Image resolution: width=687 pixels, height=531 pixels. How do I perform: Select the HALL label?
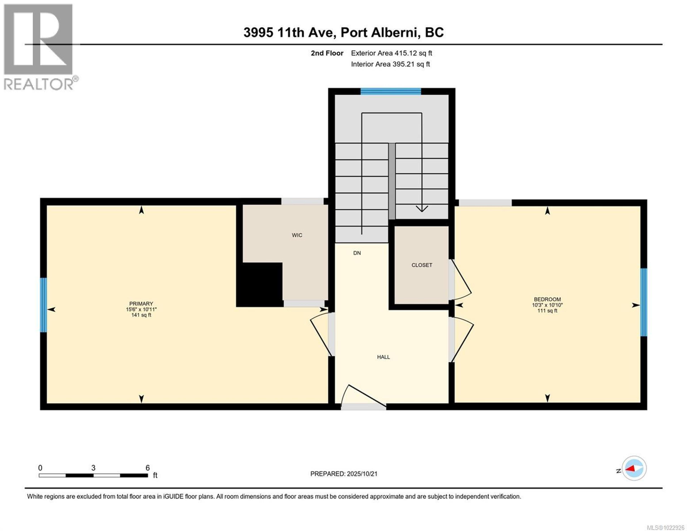[x=383, y=357]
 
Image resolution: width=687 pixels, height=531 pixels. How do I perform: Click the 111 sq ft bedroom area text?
[x=547, y=311]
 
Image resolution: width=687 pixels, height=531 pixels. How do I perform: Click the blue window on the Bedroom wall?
[x=644, y=302]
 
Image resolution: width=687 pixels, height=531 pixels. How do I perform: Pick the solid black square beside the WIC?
[x=260, y=284]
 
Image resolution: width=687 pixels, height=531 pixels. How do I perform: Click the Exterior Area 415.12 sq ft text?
[x=391, y=53]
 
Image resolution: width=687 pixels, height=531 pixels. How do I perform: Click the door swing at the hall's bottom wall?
[x=362, y=396]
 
